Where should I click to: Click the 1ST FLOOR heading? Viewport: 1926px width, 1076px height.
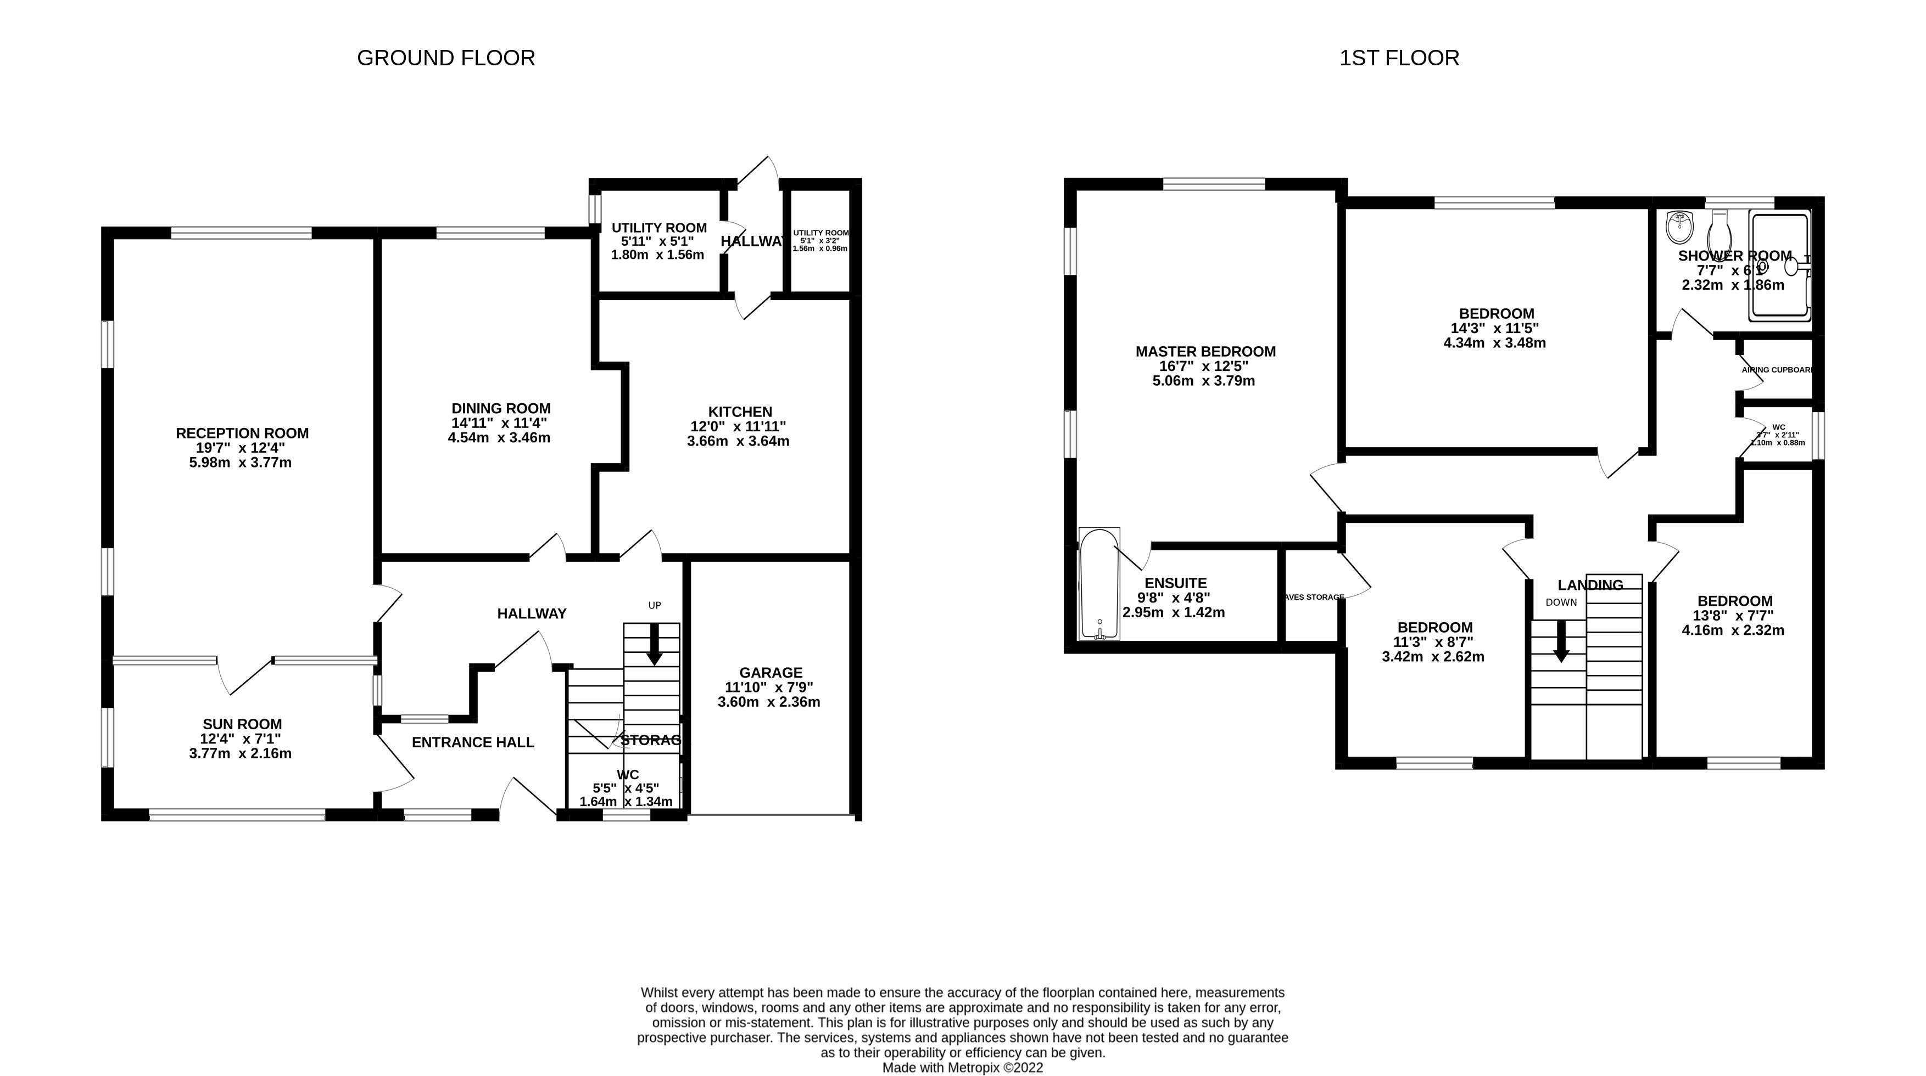pyautogui.click(x=1399, y=58)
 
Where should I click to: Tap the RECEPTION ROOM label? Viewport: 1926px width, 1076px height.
pyautogui.click(x=242, y=433)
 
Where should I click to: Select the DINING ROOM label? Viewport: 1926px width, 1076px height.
pyautogui.click(x=501, y=409)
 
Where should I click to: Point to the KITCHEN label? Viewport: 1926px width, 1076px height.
pyautogui.click(x=739, y=412)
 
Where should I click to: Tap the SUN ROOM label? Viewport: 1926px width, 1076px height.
pyautogui.click(x=242, y=724)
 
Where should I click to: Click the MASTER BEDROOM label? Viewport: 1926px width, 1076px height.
pyautogui.click(x=1205, y=351)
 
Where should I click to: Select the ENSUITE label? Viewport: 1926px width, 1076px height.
pyautogui.click(x=1175, y=583)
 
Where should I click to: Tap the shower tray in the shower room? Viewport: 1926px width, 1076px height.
pyautogui.click(x=1779, y=265)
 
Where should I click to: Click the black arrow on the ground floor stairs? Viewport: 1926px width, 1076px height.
pyautogui.click(x=654, y=645)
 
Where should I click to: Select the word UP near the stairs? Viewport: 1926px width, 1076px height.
pyautogui.click(x=654, y=605)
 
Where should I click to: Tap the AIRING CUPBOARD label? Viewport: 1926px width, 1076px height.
pyautogui.click(x=1777, y=370)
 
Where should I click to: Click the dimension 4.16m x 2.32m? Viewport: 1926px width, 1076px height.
pyautogui.click(x=1733, y=630)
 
